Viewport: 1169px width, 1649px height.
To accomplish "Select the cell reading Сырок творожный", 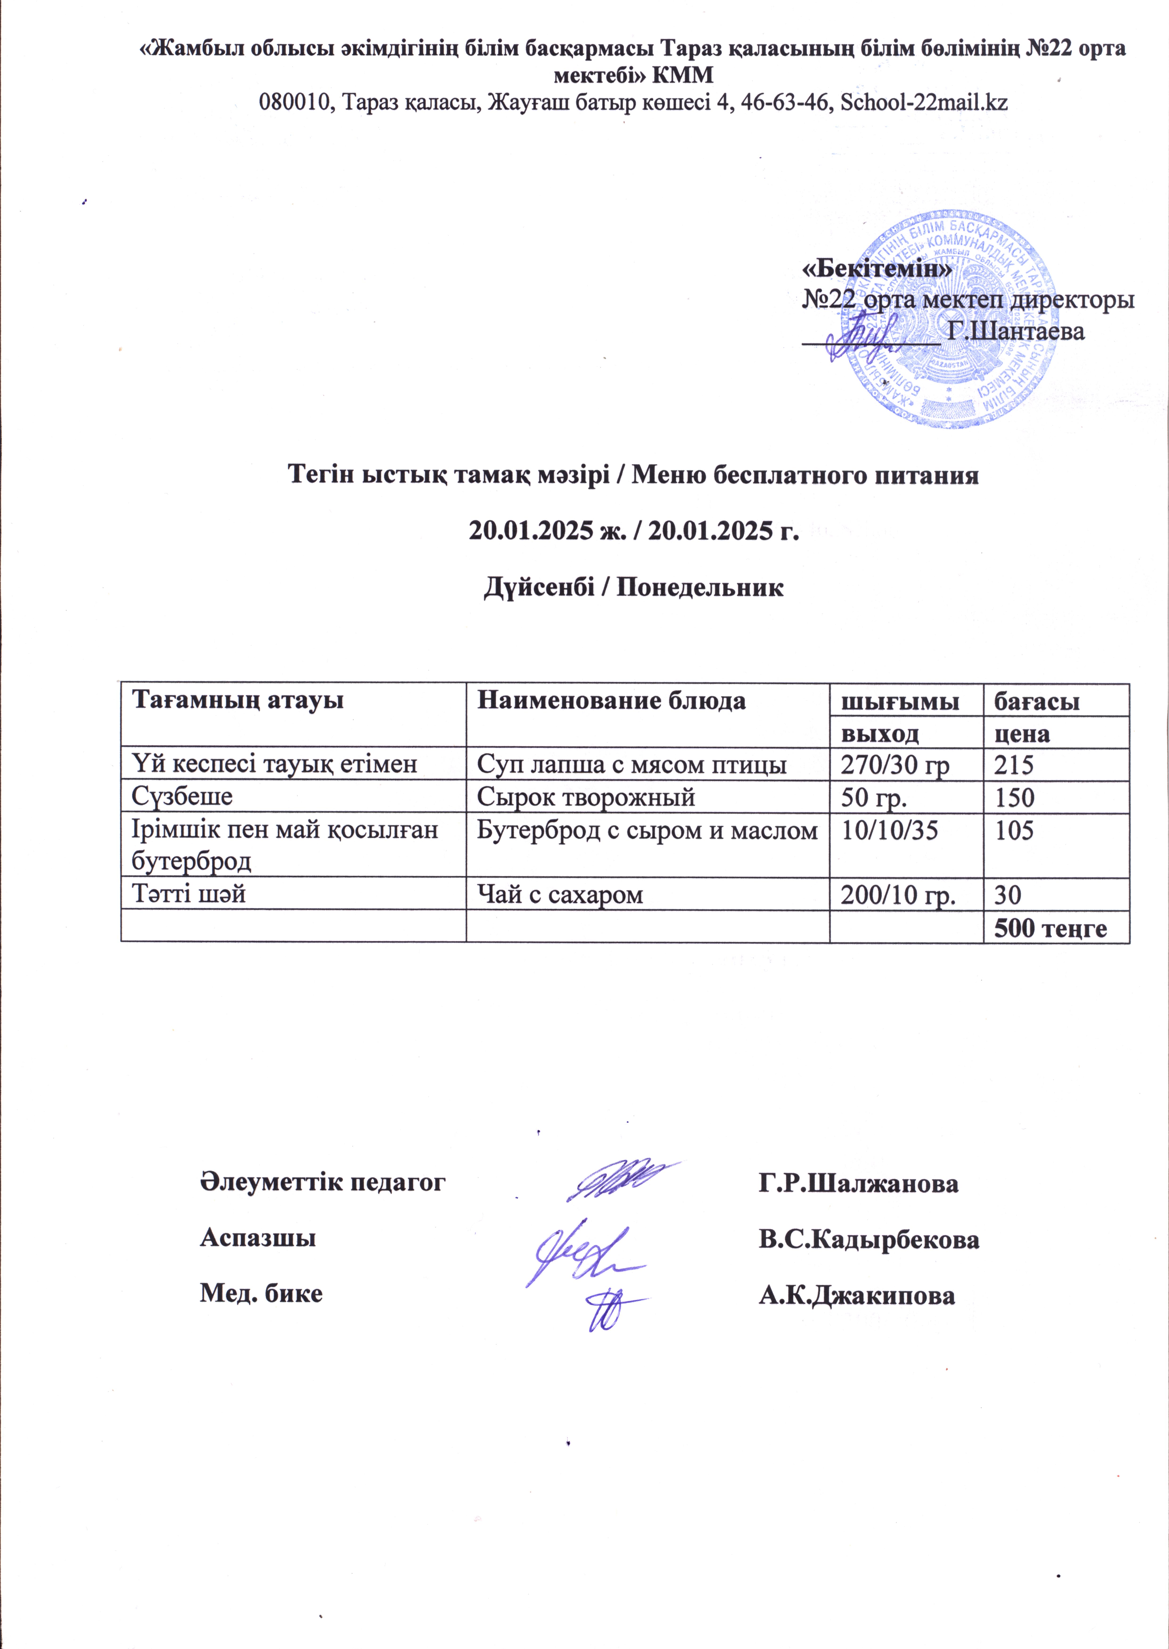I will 587,797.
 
